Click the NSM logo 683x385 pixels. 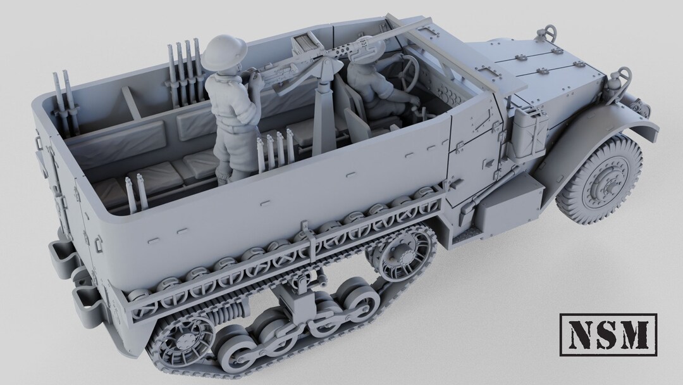(x=608, y=335)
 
